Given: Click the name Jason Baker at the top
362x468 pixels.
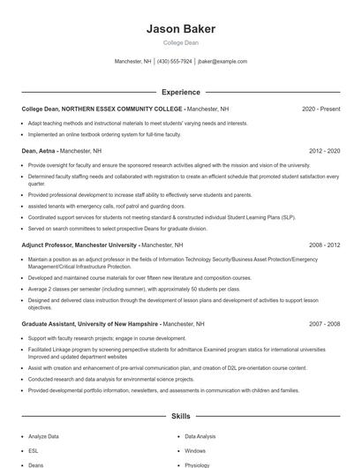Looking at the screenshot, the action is pyautogui.click(x=180, y=29).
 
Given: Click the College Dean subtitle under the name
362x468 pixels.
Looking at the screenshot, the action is pyautogui.click(x=180, y=42).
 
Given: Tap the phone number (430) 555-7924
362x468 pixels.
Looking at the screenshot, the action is pyautogui.click(x=175, y=62).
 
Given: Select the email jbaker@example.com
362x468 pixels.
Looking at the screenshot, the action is pyautogui.click(x=222, y=62).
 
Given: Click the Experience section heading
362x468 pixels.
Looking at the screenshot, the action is pyautogui.click(x=180, y=92).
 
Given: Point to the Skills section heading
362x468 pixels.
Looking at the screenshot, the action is pyautogui.click(x=180, y=415).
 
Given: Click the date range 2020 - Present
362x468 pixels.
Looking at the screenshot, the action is pyautogui.click(x=321, y=109).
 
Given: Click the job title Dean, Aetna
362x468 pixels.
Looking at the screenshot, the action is pyautogui.click(x=38, y=151).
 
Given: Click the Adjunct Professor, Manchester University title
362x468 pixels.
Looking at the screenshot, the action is pyautogui.click(x=79, y=245).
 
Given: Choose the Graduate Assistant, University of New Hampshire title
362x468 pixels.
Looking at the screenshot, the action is pyautogui.click(x=91, y=324).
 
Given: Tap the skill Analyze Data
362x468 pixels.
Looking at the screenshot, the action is pyautogui.click(x=43, y=436).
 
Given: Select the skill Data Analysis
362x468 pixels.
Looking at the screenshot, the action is pyautogui.click(x=200, y=436).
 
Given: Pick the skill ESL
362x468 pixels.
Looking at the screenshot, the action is pyautogui.click(x=34, y=450).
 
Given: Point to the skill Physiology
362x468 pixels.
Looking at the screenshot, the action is pyautogui.click(x=198, y=464).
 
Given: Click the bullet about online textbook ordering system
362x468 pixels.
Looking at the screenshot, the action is pyautogui.click(x=104, y=134).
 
